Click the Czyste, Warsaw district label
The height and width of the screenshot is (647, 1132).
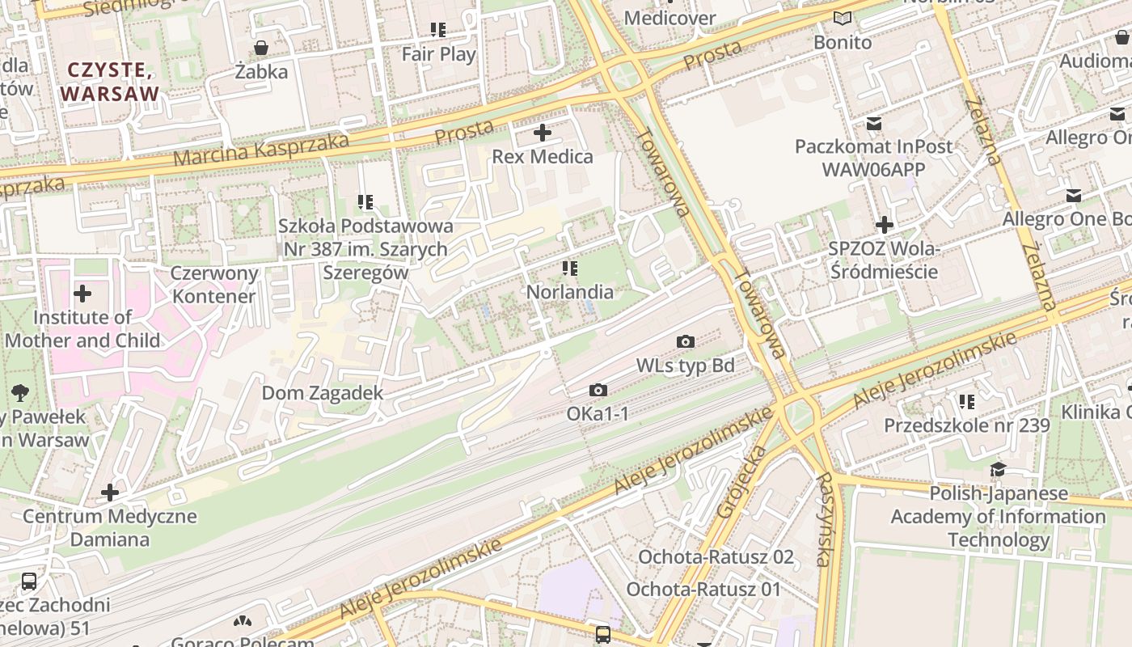tap(109, 82)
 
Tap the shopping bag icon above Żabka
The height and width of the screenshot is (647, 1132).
tap(261, 48)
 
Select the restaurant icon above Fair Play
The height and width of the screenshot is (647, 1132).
tap(438, 31)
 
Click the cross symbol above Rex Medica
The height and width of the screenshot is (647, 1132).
tap(543, 133)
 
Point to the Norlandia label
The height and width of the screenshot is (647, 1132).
tap(570, 292)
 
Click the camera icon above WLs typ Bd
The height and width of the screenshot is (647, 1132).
tap(685, 342)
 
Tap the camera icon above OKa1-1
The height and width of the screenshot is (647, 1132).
tap(598, 391)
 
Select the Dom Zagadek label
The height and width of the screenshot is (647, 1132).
tap(322, 393)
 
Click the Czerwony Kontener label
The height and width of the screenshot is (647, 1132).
tap(214, 285)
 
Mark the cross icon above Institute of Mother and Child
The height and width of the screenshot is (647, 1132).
tap(82, 294)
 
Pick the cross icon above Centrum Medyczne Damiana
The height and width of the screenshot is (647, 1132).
tap(109, 493)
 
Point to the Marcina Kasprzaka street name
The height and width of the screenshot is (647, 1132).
tap(261, 150)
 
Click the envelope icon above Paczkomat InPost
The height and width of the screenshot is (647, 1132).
tap(873, 123)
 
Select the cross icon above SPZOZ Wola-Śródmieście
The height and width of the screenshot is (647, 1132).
tap(884, 224)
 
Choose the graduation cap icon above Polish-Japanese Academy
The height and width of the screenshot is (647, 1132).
tap(998, 470)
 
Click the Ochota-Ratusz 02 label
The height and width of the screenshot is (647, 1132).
tap(716, 557)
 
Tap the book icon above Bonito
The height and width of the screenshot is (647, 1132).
tap(843, 18)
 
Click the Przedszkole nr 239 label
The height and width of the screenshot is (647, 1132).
tap(966, 425)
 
